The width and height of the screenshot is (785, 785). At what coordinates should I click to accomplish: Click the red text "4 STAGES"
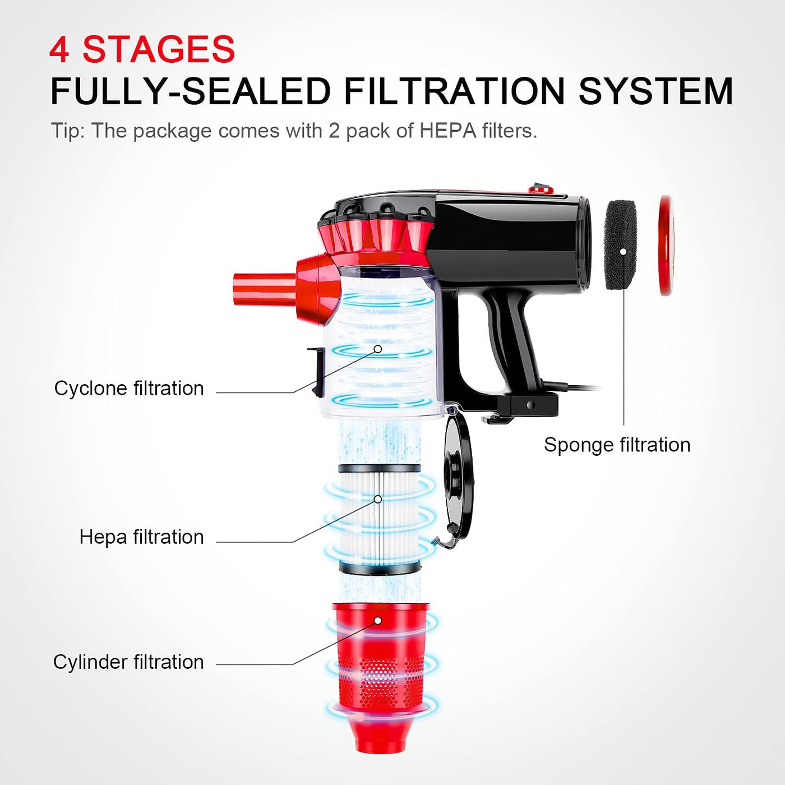pyautogui.click(x=142, y=49)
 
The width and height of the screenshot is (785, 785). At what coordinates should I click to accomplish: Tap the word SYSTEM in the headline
pyautogui.click(x=655, y=91)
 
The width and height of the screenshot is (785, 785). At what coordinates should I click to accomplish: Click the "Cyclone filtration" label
pyautogui.click(x=129, y=388)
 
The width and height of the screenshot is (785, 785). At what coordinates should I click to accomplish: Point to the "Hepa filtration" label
pyautogui.click(x=142, y=537)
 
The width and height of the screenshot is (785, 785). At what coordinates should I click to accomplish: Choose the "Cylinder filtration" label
pyautogui.click(x=128, y=662)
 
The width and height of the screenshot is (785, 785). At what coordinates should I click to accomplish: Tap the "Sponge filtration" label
pyautogui.click(x=617, y=445)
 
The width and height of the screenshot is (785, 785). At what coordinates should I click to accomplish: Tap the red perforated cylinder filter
pyautogui.click(x=381, y=677)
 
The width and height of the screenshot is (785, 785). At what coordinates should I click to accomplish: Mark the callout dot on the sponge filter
pyautogui.click(x=623, y=252)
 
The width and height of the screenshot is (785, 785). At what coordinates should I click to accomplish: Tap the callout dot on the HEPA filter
pyautogui.click(x=377, y=499)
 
